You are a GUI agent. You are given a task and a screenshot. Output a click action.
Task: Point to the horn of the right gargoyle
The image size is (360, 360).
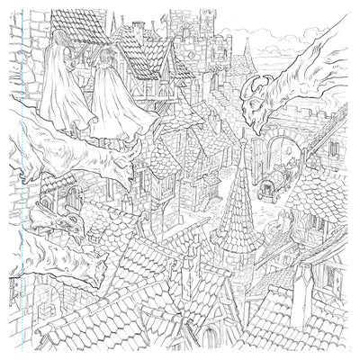251,83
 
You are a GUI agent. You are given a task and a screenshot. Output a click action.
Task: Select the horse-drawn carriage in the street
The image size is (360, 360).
271,184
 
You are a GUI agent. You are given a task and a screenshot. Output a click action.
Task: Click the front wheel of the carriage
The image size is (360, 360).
264,193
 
